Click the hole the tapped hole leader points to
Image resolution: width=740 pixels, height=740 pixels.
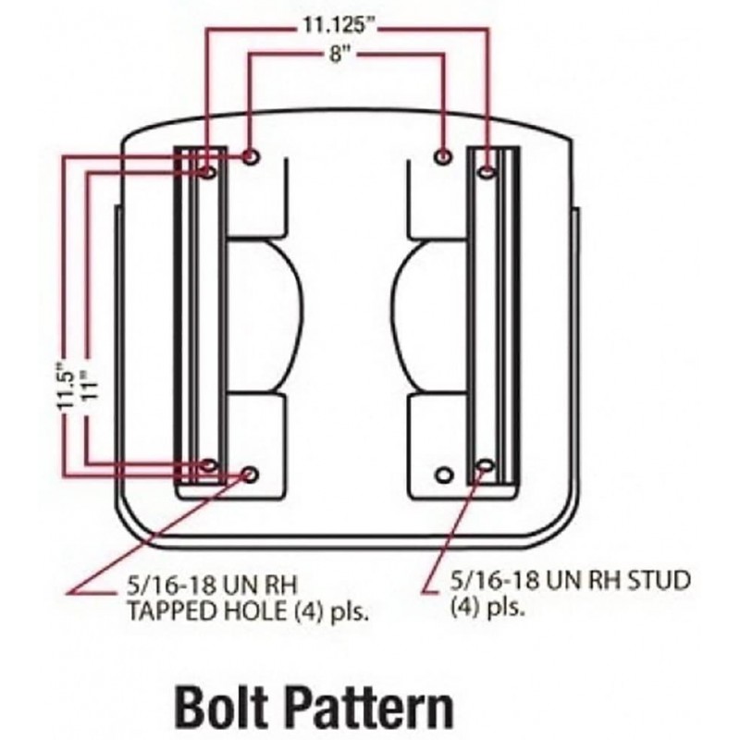point(249,475)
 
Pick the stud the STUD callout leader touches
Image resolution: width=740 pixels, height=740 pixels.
point(484,467)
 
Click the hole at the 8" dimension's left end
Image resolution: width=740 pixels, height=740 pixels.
point(250,156)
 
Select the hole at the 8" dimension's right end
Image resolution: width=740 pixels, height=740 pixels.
point(444,156)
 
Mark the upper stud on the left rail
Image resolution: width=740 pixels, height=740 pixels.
point(208,172)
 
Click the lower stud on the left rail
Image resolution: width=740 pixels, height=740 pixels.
point(208,466)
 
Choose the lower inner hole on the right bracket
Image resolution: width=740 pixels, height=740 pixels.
point(444,475)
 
